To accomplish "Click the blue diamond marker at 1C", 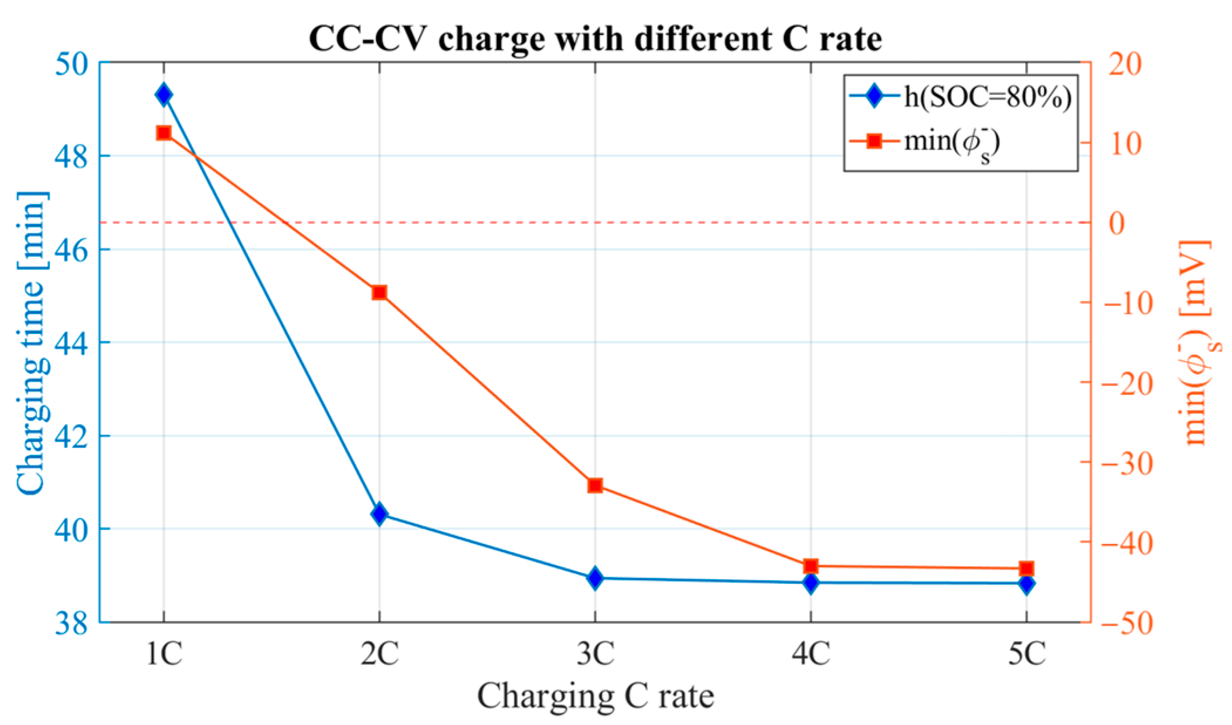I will point(164,94).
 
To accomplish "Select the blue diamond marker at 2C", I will point(379,514).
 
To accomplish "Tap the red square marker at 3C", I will point(595,485).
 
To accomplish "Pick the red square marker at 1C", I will point(164,133).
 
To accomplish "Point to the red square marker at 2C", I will point(379,292).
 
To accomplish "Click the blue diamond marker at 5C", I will point(1026,584).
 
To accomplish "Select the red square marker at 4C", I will point(811,566).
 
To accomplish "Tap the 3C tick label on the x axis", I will point(595,653).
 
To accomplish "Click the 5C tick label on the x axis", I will point(1026,653).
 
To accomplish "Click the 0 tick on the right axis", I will point(1117,223).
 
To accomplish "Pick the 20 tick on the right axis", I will point(1124,63).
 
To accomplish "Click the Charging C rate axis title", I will point(595,696).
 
